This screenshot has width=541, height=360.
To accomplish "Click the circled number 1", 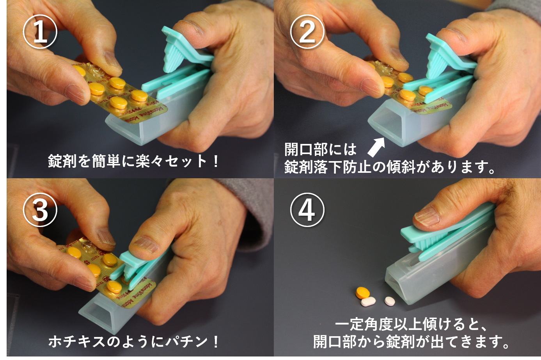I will (40, 32).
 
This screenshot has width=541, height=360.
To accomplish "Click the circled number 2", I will (307, 32).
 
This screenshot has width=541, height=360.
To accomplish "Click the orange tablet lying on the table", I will (363, 292).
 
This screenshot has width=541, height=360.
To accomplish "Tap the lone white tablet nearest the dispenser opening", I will (390, 301).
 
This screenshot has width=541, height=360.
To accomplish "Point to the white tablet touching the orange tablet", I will (368, 301).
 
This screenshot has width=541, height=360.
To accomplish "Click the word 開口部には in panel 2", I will (320, 149).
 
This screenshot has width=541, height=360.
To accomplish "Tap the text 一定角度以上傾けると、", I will (410, 325).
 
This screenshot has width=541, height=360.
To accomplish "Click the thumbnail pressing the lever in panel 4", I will (427, 216).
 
